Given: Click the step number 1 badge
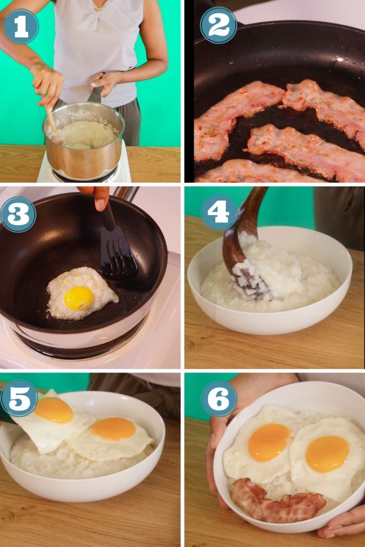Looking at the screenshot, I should coord(21,26).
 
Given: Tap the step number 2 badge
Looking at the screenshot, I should coord(218,25).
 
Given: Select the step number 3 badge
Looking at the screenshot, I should coord(18,215).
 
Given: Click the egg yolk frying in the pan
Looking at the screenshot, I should coord(78,298).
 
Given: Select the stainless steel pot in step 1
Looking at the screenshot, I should coord(83,156).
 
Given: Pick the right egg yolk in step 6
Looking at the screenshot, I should coord(327,453).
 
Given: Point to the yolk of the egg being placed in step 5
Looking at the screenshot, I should coord(54,410).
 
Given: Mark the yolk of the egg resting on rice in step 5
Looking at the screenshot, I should coord(113,428).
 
